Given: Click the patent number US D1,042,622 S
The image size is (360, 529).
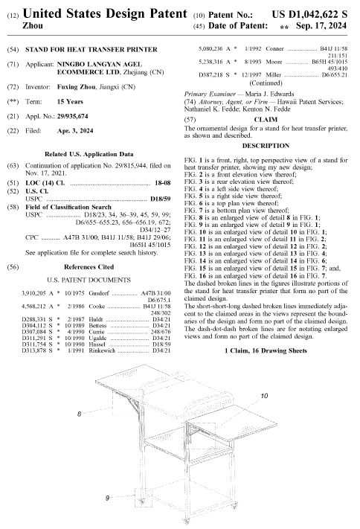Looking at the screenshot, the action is [x=309, y=14].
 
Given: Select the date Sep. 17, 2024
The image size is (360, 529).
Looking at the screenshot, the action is [x=321, y=25].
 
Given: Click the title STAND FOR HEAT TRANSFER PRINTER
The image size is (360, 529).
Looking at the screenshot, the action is [x=91, y=50].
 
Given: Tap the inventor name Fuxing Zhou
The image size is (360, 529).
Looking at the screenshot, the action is [x=77, y=87].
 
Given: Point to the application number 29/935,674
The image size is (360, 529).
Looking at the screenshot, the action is [x=73, y=116].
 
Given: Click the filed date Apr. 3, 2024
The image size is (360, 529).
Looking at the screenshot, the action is [x=75, y=131].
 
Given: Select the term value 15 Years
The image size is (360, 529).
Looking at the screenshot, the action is [x=70, y=101].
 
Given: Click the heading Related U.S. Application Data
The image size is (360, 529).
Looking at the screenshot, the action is [x=89, y=154].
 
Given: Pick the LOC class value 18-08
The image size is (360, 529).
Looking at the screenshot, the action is [x=163, y=183].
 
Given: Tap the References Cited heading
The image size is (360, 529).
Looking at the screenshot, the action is [x=89, y=267].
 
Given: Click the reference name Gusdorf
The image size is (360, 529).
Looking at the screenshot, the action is [x=99, y=293].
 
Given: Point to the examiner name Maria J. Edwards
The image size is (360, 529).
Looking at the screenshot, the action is [x=269, y=94].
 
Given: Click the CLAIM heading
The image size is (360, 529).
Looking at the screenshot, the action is [x=266, y=120].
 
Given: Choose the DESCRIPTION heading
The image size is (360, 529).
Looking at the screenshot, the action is [x=266, y=146].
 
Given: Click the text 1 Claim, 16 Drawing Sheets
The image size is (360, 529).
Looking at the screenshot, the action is [x=266, y=350].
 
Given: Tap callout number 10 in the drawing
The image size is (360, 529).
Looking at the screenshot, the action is [x=264, y=395].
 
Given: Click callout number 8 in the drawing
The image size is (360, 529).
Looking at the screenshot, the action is [x=80, y=414].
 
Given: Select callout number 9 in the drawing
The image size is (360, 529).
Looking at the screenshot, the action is [x=107, y=498].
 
